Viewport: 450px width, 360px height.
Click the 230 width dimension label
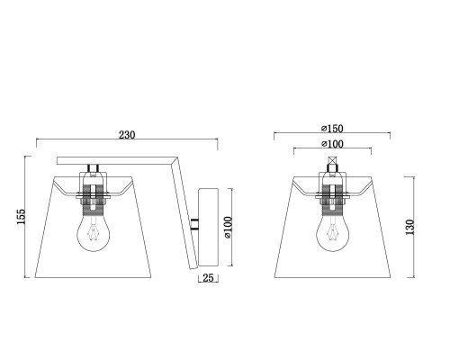click(x=127, y=135)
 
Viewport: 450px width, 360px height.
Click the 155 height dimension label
click(x=22, y=217)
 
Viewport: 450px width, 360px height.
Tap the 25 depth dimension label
click(x=208, y=278)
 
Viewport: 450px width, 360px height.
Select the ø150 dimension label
click(x=332, y=129)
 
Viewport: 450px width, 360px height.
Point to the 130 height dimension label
click(x=409, y=227)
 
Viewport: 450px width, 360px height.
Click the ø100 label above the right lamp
click(x=332, y=144)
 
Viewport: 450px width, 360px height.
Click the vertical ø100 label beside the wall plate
click(x=228, y=227)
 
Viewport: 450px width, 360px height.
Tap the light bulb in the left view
click(x=94, y=232)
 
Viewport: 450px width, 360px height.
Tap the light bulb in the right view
click(x=332, y=232)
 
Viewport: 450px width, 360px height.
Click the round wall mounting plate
click(x=208, y=228)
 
